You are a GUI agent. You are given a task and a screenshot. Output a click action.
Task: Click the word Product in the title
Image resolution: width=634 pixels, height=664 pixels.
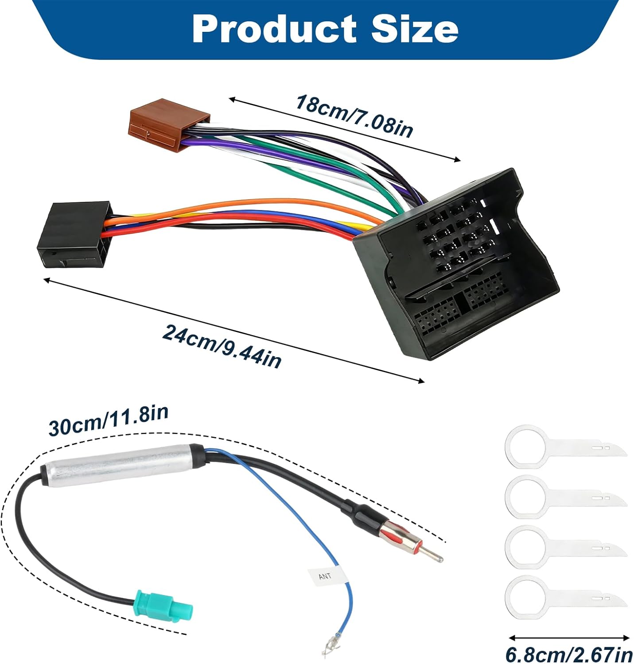coord(274,29)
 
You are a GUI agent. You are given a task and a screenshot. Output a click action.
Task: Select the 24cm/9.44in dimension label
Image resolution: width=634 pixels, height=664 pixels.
coord(222,345)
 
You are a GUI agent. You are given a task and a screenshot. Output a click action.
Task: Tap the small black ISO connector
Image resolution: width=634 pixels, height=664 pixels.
coord(74,235)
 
